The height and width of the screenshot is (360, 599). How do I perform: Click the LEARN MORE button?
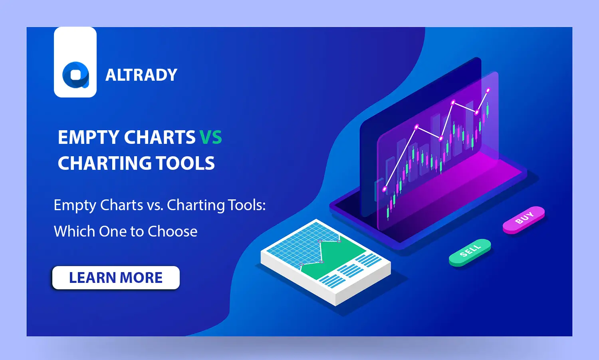(116, 278)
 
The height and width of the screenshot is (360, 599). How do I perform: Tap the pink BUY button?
(524, 219)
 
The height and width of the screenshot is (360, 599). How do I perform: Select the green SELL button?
(470, 252)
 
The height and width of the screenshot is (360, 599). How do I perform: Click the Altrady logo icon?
(75, 75)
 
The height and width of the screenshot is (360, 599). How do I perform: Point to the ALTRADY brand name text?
(141, 75)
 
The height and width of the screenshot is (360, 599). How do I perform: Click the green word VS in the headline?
(210, 137)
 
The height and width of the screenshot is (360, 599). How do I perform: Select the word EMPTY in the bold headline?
(89, 137)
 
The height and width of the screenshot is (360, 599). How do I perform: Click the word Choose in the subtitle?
(173, 231)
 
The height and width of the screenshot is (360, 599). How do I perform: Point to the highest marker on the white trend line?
(488, 90)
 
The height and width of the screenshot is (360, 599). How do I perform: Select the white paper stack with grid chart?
(325, 262)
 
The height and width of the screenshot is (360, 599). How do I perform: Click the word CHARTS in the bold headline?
(160, 137)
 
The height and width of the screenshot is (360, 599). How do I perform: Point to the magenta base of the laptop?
(451, 188)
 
